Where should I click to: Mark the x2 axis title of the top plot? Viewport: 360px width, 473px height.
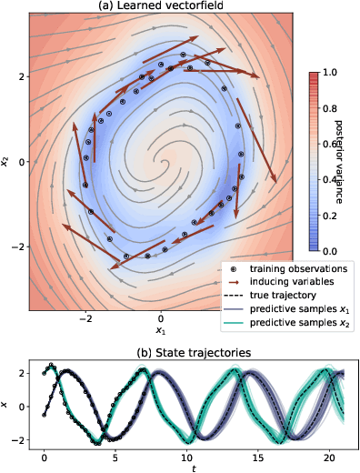click(x=7, y=162)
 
